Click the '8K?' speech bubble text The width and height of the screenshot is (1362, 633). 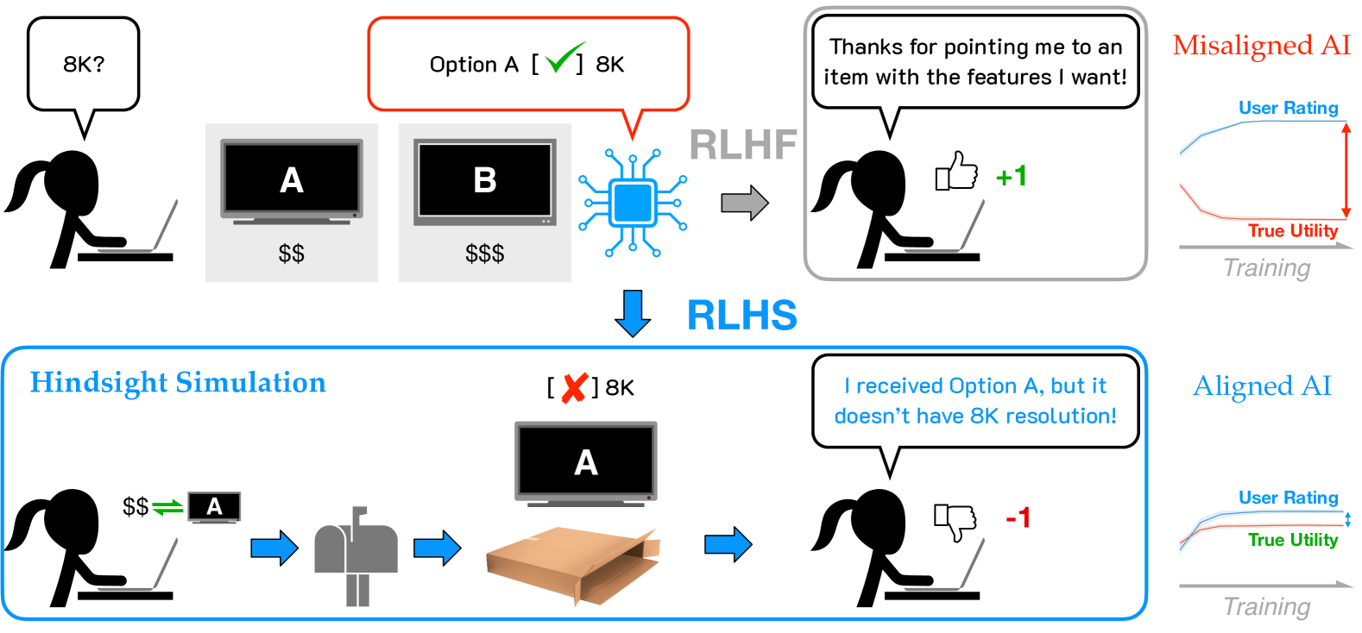[x=83, y=65]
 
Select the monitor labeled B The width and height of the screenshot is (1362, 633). [x=484, y=182]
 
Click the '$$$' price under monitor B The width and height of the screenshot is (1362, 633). [x=484, y=254]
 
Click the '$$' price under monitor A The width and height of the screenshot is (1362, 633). [x=291, y=254]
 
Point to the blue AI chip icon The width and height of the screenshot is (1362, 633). [x=633, y=204]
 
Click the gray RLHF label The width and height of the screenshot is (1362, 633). [x=742, y=145]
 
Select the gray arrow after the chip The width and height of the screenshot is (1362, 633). [x=744, y=204]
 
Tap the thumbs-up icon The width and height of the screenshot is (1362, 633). [x=957, y=171]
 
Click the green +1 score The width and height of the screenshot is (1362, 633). [x=1011, y=177]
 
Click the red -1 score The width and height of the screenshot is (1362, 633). [x=1018, y=518]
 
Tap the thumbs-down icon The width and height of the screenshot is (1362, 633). [x=955, y=521]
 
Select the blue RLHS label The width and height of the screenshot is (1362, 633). [x=741, y=316]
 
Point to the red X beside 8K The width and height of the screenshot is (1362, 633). [x=574, y=388]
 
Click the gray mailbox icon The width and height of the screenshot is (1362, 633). [x=356, y=552]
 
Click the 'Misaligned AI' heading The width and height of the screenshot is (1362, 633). [x=1261, y=45]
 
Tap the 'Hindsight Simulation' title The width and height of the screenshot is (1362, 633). [x=178, y=383]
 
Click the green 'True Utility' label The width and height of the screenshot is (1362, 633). [x=1292, y=540]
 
